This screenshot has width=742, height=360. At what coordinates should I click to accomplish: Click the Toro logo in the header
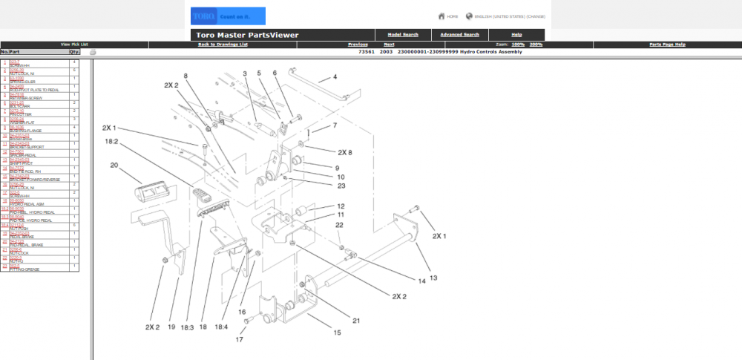[203, 16]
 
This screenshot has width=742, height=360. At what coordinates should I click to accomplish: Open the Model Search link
[404, 35]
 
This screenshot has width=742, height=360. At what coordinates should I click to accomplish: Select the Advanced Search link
[461, 35]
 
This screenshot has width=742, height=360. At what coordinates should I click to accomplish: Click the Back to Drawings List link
[223, 45]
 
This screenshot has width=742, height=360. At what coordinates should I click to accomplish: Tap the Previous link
[358, 45]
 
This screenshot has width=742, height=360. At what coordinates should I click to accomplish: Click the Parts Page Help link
[667, 45]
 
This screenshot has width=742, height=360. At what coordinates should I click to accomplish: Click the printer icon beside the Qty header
[93, 52]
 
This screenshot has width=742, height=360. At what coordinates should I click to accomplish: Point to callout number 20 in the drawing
[114, 166]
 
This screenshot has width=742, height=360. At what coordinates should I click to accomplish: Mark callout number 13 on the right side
[433, 277]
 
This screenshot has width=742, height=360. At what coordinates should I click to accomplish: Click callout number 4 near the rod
[335, 76]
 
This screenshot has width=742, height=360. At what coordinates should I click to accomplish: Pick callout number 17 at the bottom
[238, 341]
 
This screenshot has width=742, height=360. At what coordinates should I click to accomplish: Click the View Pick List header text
[74, 45]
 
